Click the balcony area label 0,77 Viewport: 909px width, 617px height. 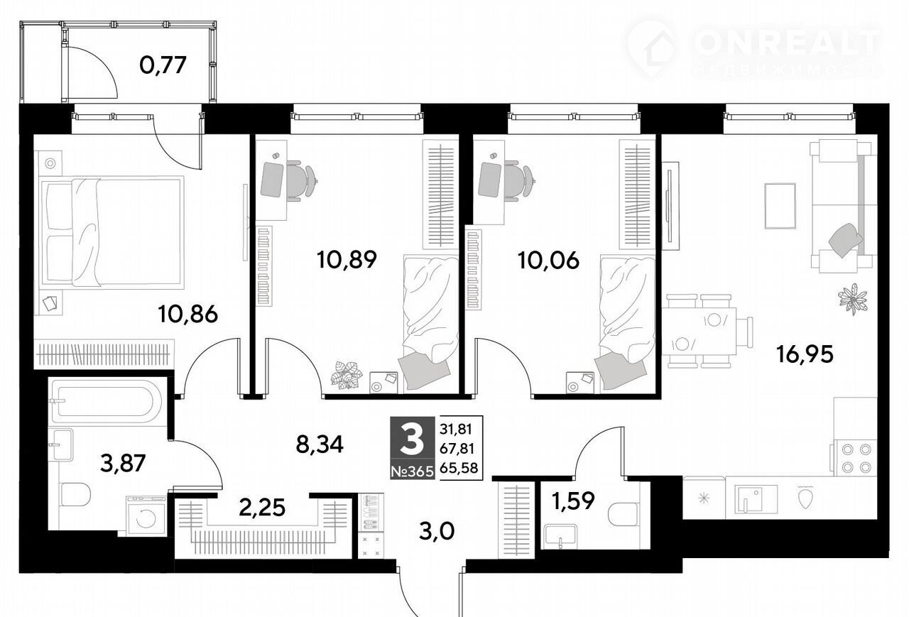[163, 66]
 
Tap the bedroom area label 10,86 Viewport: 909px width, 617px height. [188, 314]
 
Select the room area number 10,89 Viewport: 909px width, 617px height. [347, 260]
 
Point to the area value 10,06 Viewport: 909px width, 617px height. [548, 260]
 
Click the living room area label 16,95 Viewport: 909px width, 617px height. [805, 354]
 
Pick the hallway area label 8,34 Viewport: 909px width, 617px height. [320, 444]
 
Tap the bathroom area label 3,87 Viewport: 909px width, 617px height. [123, 463]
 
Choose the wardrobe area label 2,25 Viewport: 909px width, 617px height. [262, 508]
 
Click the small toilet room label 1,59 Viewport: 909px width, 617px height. [573, 500]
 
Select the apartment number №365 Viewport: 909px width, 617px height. [413, 471]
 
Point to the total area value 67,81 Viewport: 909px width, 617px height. [457, 448]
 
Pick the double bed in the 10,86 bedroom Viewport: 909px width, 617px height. [112, 231]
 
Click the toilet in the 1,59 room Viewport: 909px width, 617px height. [624, 513]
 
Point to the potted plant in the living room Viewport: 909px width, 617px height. [853, 298]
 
